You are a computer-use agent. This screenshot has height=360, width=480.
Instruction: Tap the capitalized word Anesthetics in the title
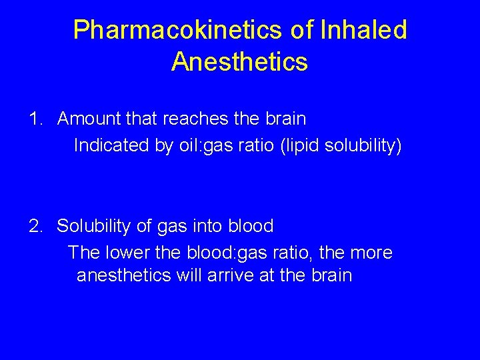(239, 62)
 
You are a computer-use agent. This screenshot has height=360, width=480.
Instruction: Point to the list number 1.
(36, 119)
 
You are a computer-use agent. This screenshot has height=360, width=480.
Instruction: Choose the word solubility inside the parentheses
(363, 145)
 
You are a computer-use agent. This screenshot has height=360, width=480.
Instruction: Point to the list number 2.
(36, 227)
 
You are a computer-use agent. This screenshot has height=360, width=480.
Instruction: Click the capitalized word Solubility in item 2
(93, 227)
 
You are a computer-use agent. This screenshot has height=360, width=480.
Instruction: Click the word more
(373, 253)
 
